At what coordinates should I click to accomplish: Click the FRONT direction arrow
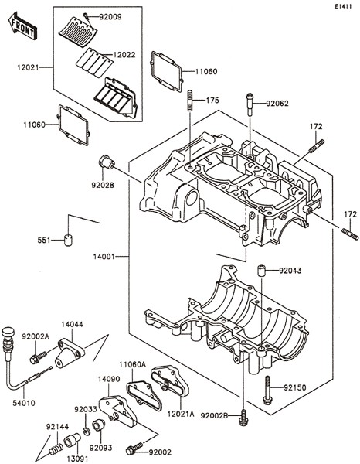22,26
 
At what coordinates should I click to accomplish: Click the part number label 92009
110,17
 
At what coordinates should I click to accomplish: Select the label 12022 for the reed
124,55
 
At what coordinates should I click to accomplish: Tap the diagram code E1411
343,6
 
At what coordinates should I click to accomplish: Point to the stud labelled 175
190,101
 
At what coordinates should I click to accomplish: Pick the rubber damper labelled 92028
107,162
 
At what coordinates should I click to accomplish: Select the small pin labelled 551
68,240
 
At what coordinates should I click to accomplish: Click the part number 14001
104,257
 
